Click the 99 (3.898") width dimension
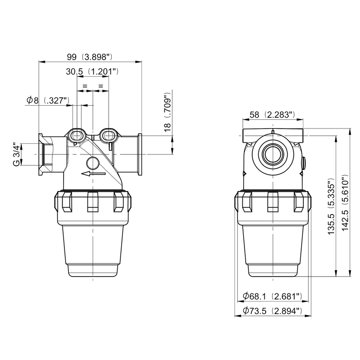click(x=90, y=57)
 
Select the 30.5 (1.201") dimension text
click(x=92, y=72)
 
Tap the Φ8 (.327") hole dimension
click(x=48, y=100)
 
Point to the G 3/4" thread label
click(x=16, y=155)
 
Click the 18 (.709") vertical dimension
click(x=168, y=112)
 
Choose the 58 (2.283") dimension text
click(x=272, y=115)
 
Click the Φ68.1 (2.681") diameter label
click(x=273, y=296)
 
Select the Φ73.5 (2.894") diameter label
click(x=273, y=311)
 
